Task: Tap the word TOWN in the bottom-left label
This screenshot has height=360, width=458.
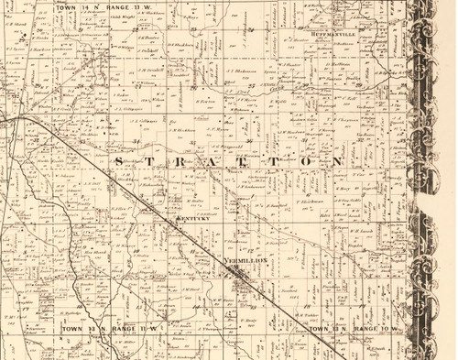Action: (72, 327)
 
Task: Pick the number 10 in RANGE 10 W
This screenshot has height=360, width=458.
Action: (386, 327)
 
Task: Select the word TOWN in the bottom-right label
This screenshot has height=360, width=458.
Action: (319, 327)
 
